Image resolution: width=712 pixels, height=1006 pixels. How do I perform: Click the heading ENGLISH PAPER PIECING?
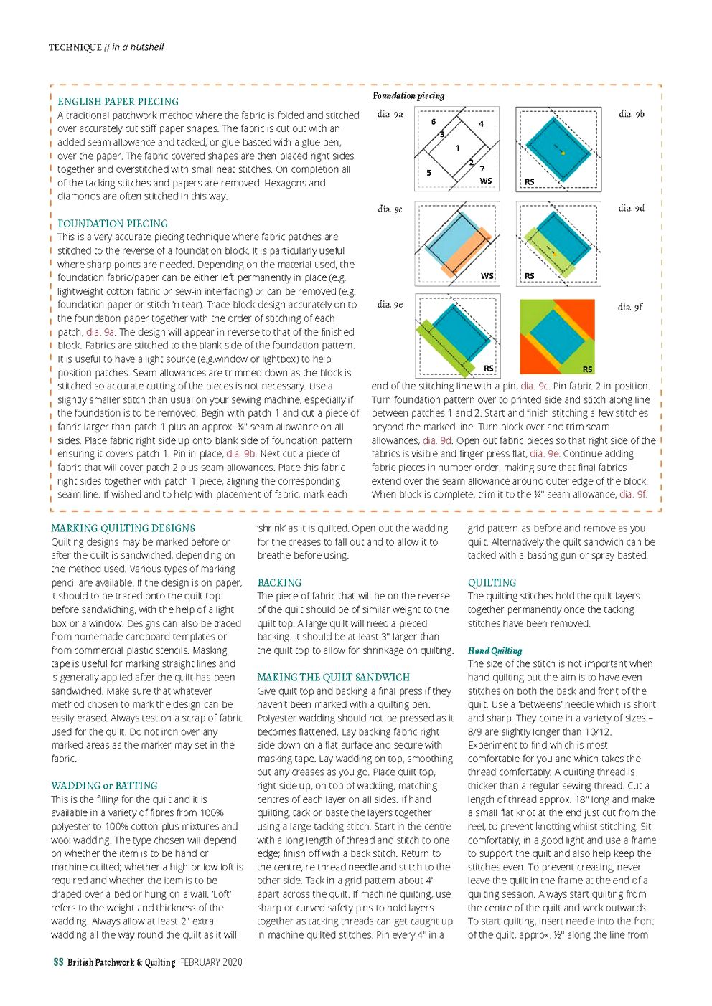click(x=118, y=102)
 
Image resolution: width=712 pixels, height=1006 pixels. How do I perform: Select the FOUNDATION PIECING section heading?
click(x=113, y=224)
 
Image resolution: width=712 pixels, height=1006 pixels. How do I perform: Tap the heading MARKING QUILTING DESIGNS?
click(x=123, y=528)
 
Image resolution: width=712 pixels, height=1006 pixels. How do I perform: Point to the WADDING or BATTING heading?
click(x=104, y=786)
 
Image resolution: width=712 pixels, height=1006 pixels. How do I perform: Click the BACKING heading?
click(x=279, y=583)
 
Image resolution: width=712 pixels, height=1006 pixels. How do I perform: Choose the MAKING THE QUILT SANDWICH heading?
click(x=333, y=678)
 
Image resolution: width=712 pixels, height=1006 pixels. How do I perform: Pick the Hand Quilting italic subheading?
click(x=495, y=651)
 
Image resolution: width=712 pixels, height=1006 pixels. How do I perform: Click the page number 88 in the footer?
click(x=59, y=962)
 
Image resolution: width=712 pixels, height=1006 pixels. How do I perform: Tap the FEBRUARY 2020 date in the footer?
click(x=212, y=962)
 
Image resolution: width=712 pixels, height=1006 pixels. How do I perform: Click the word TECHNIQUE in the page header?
click(x=75, y=48)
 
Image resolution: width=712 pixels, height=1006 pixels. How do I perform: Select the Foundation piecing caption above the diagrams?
click(x=408, y=96)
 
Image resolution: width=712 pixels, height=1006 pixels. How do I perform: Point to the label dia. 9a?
click(x=390, y=114)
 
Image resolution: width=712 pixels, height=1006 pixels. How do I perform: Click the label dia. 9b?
click(x=632, y=114)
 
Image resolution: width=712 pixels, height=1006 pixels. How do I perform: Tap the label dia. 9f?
click(x=630, y=307)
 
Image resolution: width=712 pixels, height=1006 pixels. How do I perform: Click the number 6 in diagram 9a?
click(x=433, y=122)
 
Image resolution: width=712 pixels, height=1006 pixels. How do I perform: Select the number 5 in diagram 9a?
click(x=428, y=173)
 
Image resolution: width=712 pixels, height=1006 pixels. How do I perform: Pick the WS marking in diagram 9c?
click(x=487, y=276)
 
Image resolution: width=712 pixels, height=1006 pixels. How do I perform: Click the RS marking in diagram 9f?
click(x=587, y=369)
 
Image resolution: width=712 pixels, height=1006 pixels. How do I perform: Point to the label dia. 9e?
click(x=390, y=305)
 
